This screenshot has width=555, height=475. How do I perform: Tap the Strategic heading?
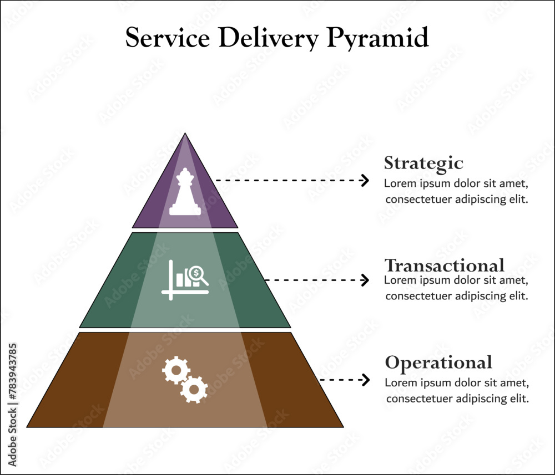[423, 164]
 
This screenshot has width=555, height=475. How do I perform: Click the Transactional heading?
[445, 264]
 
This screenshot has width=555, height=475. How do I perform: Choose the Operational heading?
[438, 362]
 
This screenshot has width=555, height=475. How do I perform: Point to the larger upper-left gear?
[176, 370]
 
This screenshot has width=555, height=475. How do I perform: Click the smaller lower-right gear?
[194, 389]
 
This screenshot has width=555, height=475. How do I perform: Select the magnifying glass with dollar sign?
[197, 274]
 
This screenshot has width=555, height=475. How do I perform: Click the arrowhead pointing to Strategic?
[365, 180]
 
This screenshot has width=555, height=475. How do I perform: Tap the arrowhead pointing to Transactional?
[365, 280]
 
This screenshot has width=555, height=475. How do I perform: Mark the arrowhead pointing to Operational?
[365, 380]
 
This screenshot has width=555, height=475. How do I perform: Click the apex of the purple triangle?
[185, 135]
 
